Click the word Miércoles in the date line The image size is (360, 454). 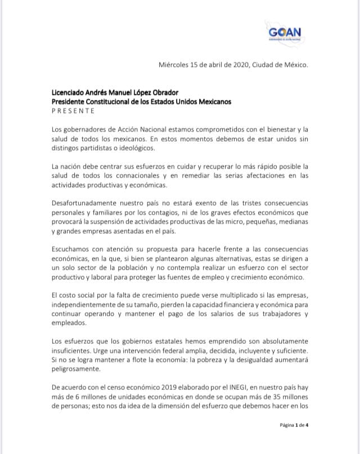[x=176, y=65]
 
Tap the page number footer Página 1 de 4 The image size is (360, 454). [x=294, y=425]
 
